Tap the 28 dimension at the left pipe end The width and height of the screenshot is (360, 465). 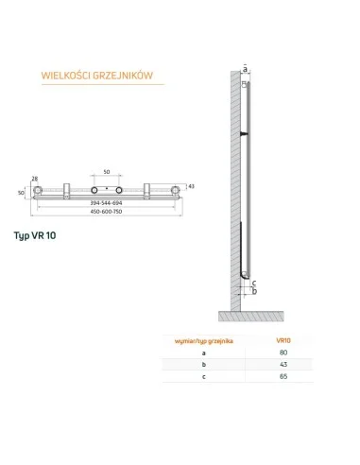pos(35,178)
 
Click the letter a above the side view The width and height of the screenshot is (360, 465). pos(245,69)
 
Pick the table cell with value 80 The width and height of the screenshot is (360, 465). pos(283,353)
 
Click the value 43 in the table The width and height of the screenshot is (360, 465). pos(283,366)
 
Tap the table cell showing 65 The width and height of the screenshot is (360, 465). pos(283,379)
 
